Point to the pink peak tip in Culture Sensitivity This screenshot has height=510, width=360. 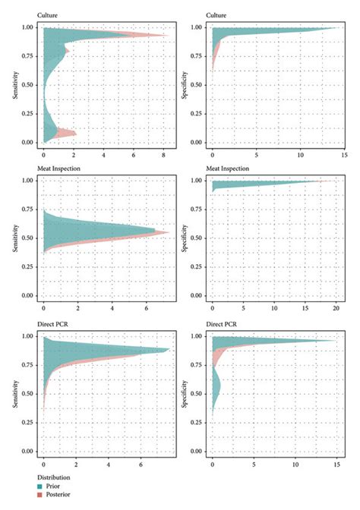(x=169, y=35)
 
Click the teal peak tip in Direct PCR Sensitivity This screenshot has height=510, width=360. (x=169, y=350)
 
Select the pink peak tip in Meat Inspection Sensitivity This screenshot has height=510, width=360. (x=169, y=232)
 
